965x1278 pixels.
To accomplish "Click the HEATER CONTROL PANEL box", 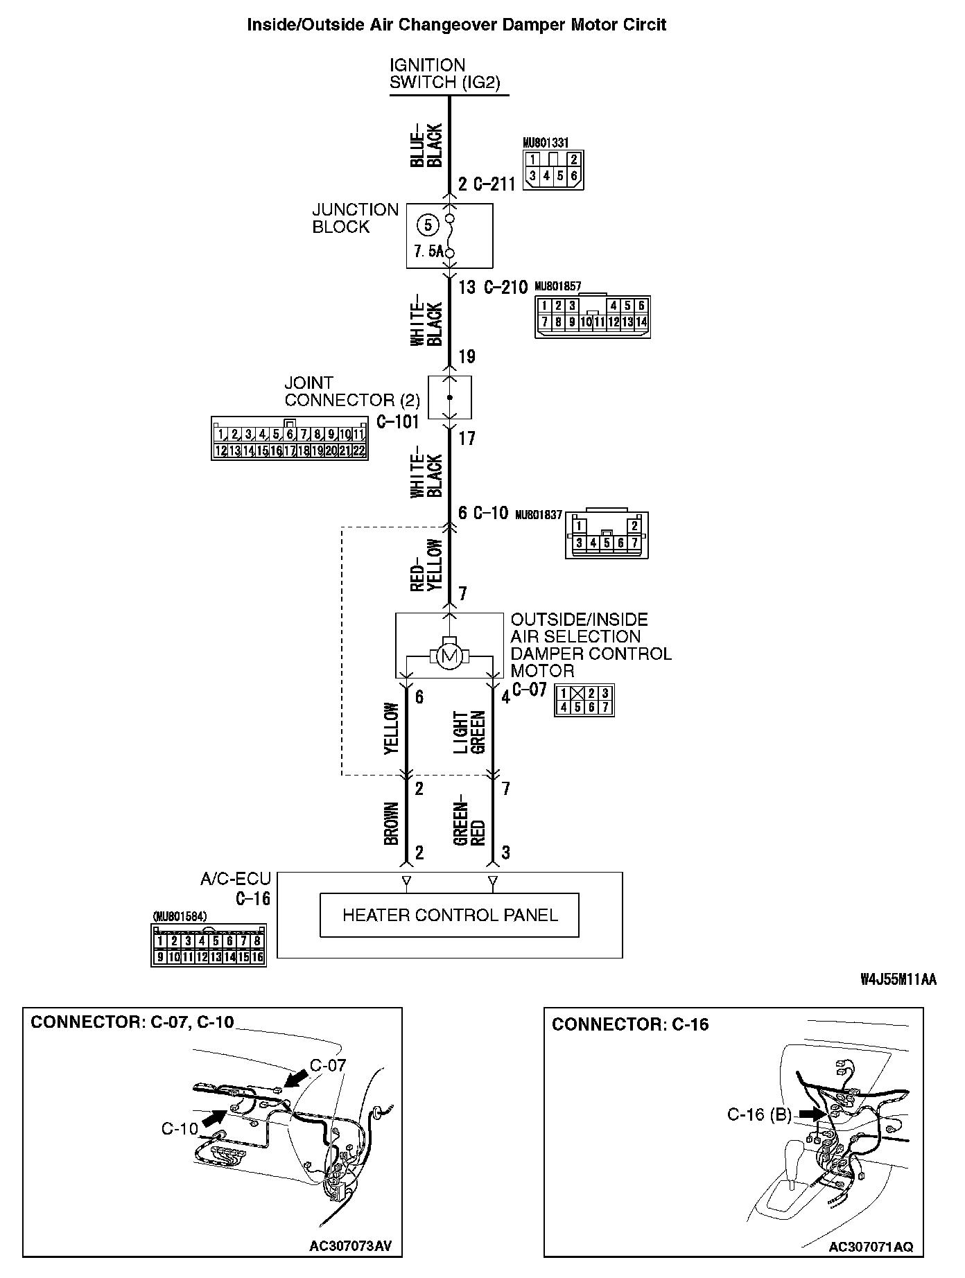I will coord(449,915).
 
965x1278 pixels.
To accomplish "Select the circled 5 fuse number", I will coord(428,225).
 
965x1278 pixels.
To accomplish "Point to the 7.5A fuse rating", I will coord(428,252).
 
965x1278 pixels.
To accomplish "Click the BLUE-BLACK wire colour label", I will coord(426,146).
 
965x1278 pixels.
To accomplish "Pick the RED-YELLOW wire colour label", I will coord(426,564).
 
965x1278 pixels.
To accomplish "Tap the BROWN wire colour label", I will coord(392,823).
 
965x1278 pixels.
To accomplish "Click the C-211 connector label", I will coord(494,184).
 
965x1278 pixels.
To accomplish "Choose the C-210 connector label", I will coord(504,287).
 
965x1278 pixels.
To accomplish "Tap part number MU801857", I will coord(557,285).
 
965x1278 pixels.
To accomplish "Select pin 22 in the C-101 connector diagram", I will coord(358,450).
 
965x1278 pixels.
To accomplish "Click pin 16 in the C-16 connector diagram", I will coord(257,957).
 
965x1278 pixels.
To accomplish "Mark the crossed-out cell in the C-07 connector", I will coord(577,693).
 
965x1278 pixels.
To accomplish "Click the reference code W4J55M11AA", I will coord(898,979).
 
